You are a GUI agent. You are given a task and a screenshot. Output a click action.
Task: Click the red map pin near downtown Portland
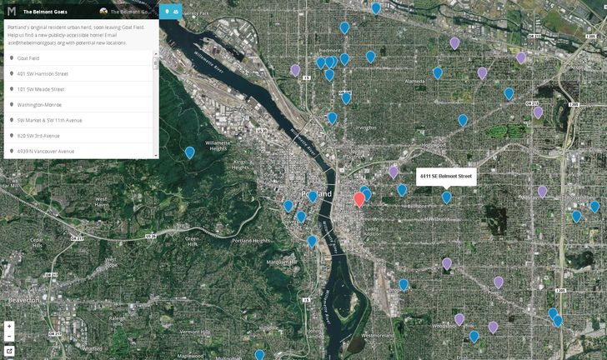pos(359,198)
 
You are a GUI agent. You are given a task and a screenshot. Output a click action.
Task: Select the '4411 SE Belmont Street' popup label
pos(445,177)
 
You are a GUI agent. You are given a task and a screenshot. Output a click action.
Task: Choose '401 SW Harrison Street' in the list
pos(43,73)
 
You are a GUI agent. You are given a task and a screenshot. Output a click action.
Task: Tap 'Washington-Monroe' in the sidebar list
pos(38,104)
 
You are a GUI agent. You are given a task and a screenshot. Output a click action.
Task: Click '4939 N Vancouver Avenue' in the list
pos(46,151)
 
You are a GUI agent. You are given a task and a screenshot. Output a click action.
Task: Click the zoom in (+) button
pos(9,326)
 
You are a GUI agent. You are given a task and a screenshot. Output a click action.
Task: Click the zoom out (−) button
pos(9,337)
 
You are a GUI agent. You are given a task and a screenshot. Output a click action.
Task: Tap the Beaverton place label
pos(19,298)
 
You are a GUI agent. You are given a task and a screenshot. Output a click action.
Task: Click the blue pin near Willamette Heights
pos(190,152)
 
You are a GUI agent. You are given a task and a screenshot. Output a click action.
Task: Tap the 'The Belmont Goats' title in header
pos(46,12)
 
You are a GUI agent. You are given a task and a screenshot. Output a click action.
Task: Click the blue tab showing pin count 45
pos(172,12)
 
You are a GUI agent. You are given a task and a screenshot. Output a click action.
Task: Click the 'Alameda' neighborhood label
pos(414,82)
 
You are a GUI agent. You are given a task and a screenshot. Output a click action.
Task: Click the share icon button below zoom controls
pos(9,351)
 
